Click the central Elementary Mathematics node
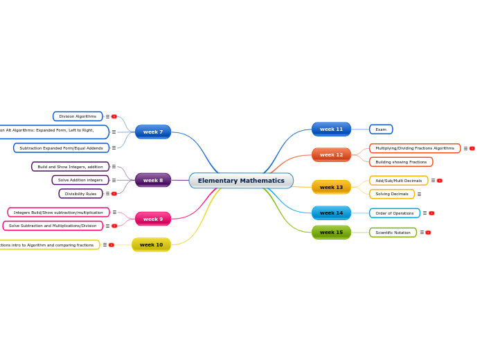click(241, 181)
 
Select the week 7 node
click(153, 132)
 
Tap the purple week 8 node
click(153, 180)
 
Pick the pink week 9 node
click(153, 219)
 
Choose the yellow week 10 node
click(151, 244)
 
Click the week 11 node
click(331, 129)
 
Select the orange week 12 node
click(331, 154)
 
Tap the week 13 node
click(331, 187)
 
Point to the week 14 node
click(331, 213)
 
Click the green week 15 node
click(331, 232)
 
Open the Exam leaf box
click(381, 129)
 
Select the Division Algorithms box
click(78, 116)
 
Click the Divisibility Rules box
click(80, 194)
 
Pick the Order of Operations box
click(394, 213)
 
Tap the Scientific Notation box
click(393, 233)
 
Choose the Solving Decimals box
click(391, 194)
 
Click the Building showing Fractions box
click(401, 161)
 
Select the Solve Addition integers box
click(80, 180)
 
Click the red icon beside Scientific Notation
click(428, 233)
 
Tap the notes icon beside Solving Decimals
click(419, 195)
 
